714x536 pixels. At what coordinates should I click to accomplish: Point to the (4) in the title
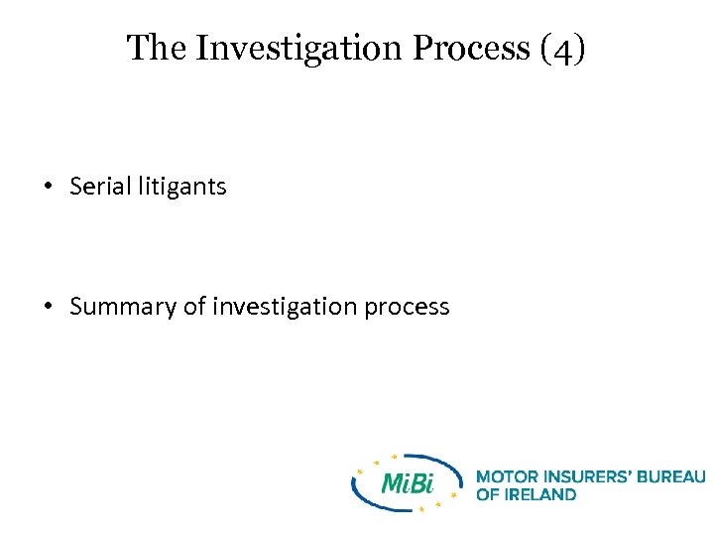[x=563, y=48]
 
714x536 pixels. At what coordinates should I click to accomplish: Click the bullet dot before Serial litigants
[x=48, y=187]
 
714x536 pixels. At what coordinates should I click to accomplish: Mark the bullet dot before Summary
[x=48, y=307]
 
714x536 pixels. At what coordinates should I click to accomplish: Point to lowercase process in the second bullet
[x=407, y=307]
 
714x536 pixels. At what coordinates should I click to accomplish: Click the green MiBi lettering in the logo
[x=408, y=483]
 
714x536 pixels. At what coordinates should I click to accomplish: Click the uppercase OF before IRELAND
[x=488, y=494]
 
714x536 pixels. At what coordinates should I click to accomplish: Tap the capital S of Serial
[x=76, y=186]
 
